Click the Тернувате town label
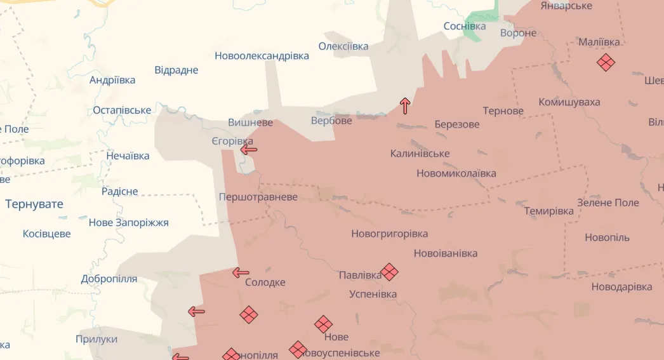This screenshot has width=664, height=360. click(34, 204)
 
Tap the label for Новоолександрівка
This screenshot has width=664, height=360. click(262, 56)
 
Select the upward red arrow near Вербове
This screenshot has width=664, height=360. click(405, 105)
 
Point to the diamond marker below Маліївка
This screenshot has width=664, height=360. click(606, 62)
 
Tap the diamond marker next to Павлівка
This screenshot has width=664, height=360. click(389, 272)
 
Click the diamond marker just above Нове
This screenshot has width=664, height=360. click(323, 324)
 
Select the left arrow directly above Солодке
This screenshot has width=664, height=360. click(241, 273)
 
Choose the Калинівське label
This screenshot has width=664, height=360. click(420, 154)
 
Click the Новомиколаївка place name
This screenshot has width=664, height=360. click(456, 173)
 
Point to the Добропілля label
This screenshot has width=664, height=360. click(109, 279)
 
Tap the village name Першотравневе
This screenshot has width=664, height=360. click(258, 197)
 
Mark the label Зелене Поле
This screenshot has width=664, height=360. click(608, 203)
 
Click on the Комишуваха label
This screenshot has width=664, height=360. click(569, 102)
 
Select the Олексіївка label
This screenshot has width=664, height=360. click(343, 46)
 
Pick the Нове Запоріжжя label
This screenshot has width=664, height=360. click(128, 222)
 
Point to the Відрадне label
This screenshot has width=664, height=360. click(176, 70)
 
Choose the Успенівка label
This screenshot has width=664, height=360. click(373, 294)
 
